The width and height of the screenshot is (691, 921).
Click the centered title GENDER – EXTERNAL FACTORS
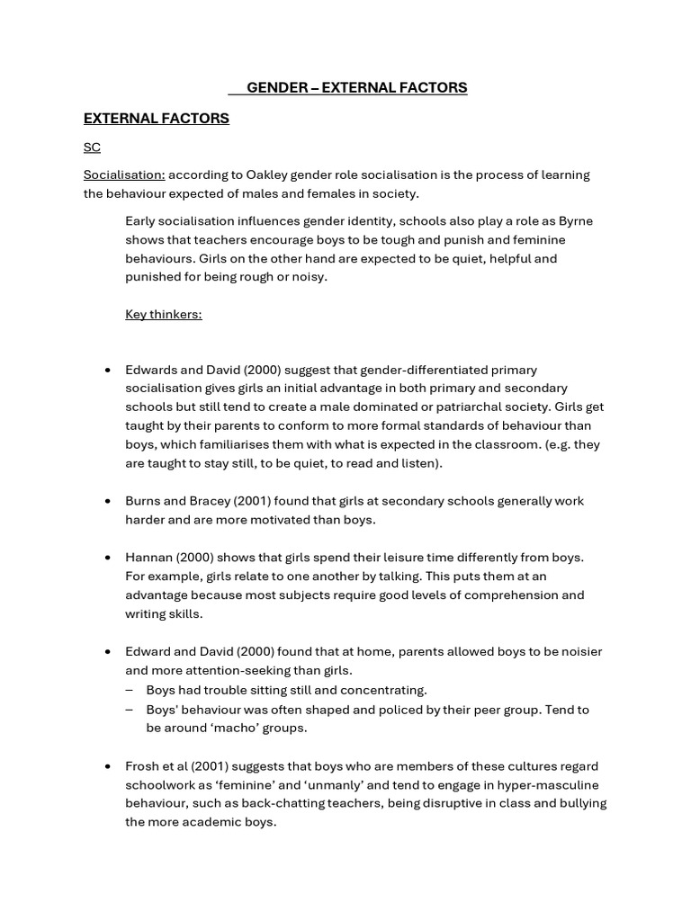tap(356, 87)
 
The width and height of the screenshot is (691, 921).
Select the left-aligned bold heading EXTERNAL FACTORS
tap(156, 118)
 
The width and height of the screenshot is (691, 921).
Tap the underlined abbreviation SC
tap(92, 147)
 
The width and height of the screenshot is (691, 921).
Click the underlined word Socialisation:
tap(124, 174)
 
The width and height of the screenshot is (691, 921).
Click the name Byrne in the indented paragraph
tap(575, 221)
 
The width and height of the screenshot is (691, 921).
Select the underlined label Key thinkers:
tap(163, 314)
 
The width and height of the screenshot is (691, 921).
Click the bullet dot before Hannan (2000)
tap(108, 558)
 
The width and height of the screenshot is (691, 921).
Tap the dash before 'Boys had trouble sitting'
tap(130, 690)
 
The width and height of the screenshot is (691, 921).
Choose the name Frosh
tap(144, 766)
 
